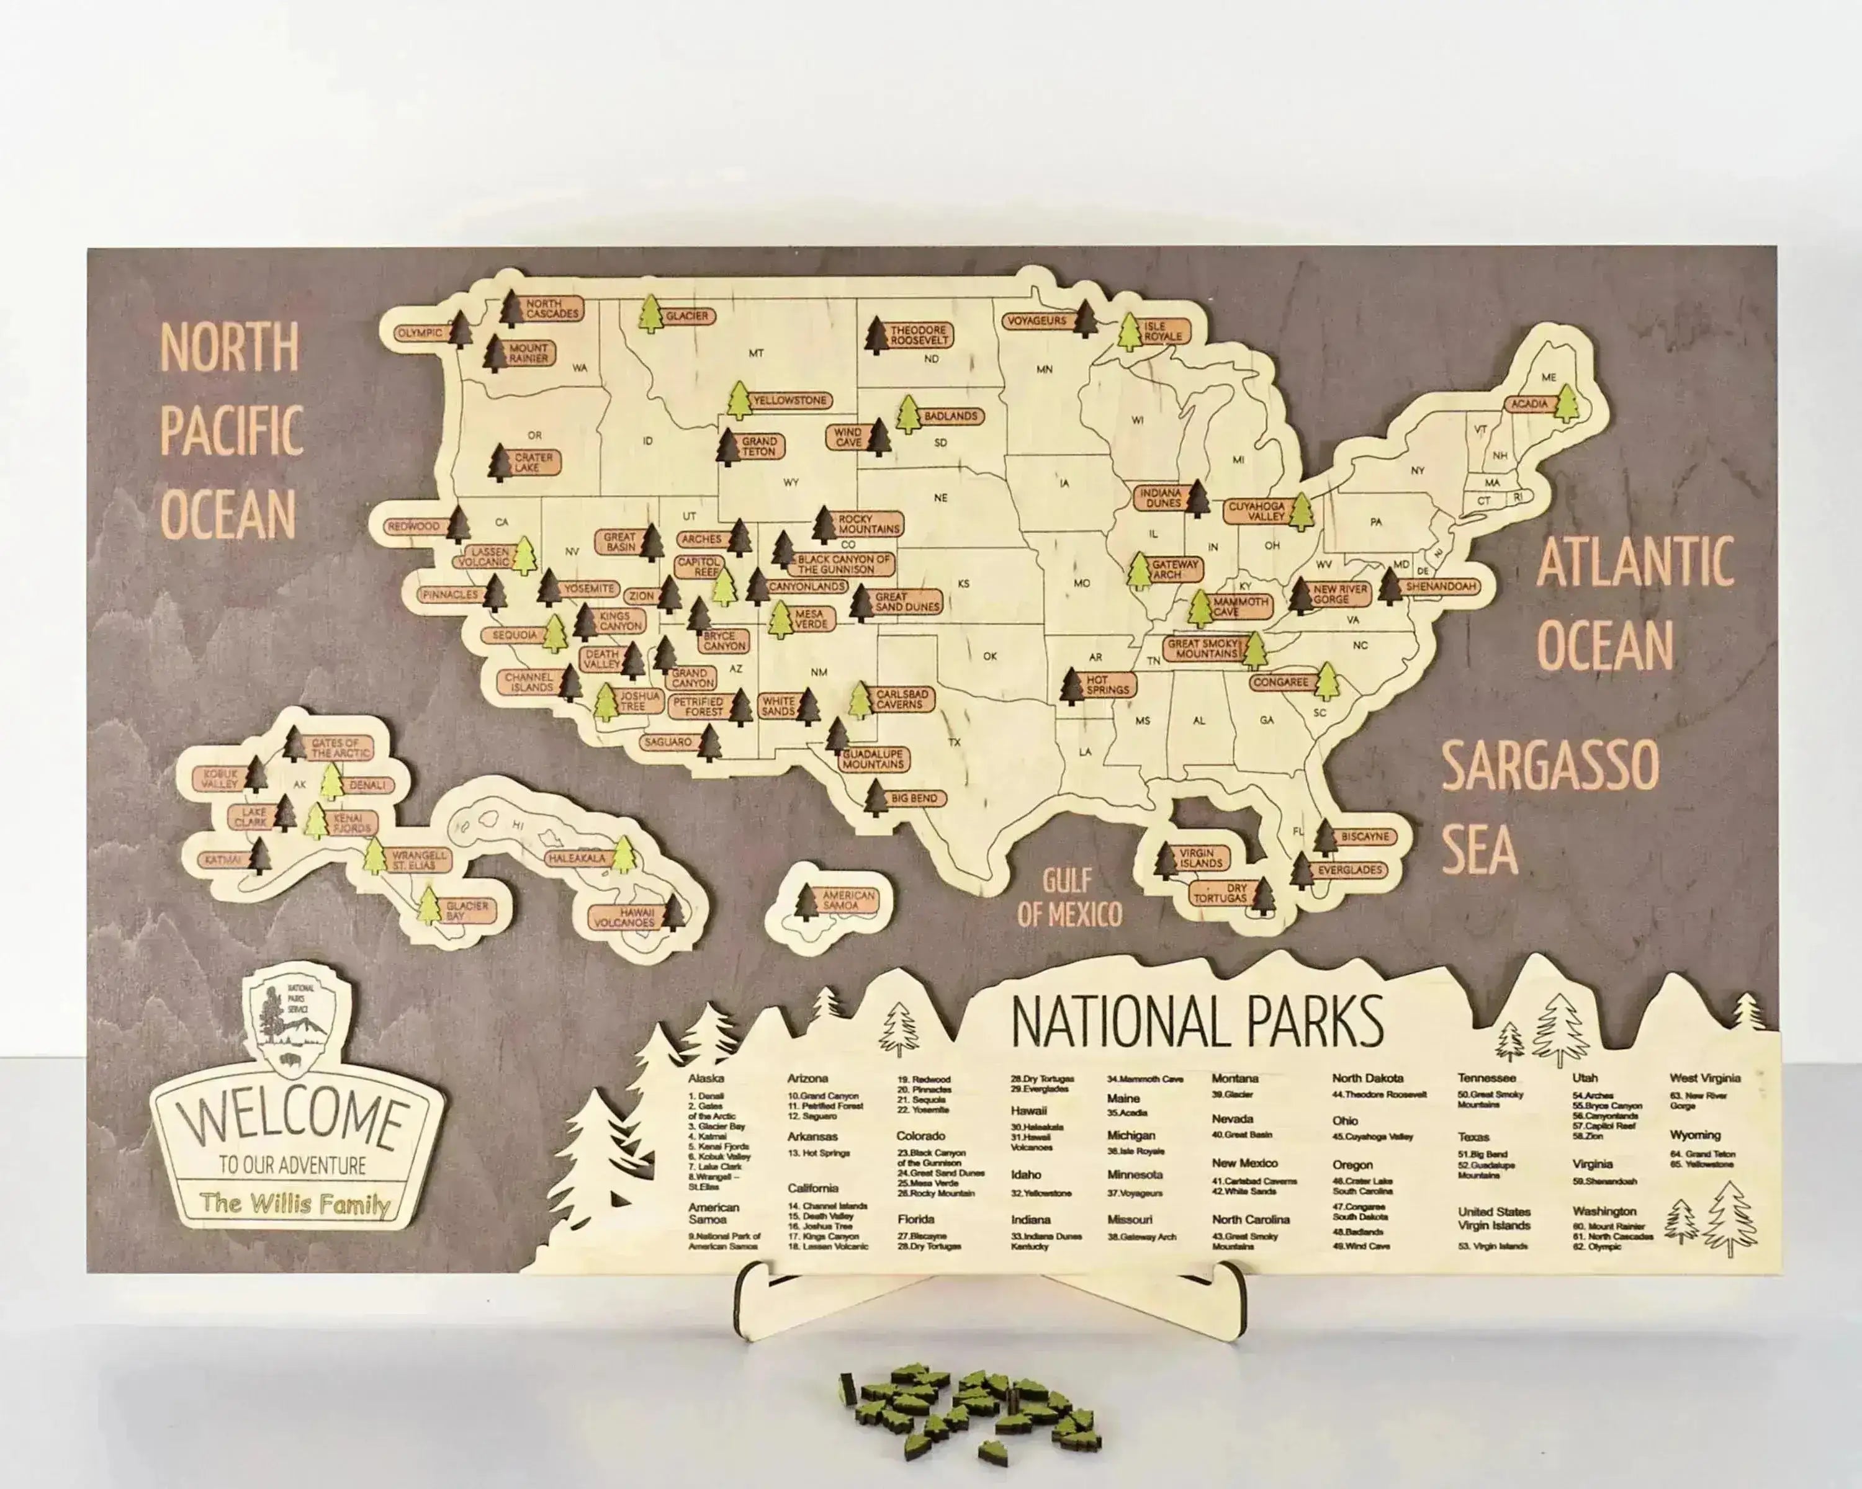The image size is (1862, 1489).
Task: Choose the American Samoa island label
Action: click(x=848, y=900)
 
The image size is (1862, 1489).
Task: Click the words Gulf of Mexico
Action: click(x=1069, y=898)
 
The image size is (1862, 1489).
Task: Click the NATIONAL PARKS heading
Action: click(x=1197, y=1022)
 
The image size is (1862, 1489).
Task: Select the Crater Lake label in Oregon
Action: click(x=533, y=462)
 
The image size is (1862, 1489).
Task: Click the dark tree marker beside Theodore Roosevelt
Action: click(x=876, y=336)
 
